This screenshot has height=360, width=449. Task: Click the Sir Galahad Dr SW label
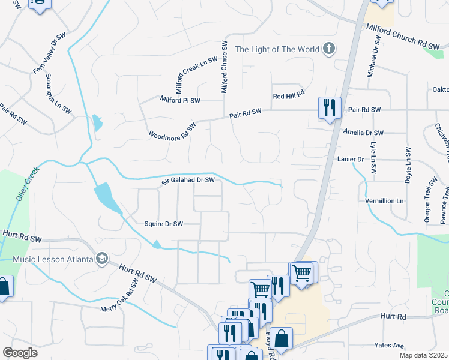(x=187, y=181)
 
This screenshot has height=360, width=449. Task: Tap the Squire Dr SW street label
(x=163, y=224)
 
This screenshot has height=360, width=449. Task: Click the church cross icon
(x=328, y=49)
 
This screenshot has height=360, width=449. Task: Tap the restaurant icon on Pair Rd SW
(x=330, y=108)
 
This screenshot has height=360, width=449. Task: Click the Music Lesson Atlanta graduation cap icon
(x=101, y=259)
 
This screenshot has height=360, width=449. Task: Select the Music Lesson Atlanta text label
(x=53, y=259)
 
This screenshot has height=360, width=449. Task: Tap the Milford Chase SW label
(x=224, y=67)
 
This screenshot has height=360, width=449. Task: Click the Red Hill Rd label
(x=289, y=95)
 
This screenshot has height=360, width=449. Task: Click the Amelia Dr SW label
(x=363, y=132)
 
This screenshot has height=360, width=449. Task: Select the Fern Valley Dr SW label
(x=49, y=53)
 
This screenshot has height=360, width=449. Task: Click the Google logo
(x=20, y=353)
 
